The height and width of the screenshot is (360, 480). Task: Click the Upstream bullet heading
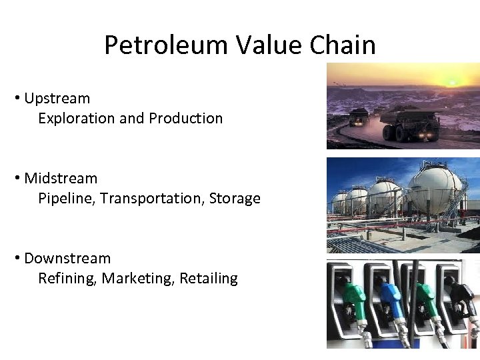click(57, 99)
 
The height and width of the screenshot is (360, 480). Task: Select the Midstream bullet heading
click(61, 179)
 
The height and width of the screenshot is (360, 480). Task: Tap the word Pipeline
click(65, 199)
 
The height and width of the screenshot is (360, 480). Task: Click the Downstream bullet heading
click(67, 259)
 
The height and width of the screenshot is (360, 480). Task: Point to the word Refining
click(67, 279)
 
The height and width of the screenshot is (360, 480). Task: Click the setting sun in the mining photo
click(452, 82)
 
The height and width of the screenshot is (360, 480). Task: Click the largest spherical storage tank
click(435, 191)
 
